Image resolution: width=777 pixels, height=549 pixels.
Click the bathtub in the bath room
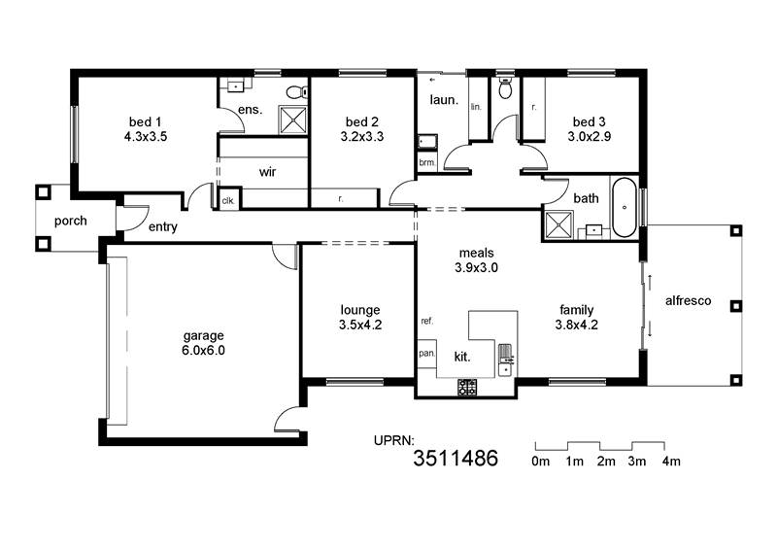click(x=624, y=207)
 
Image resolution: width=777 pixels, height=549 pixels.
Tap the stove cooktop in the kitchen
click(x=467, y=387)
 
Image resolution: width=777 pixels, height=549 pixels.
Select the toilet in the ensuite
click(x=296, y=92)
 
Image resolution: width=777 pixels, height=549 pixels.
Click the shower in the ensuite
click(x=293, y=120)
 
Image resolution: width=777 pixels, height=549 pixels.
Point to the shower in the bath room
click(x=558, y=225)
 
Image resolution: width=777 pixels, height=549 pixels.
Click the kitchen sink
click(x=506, y=360)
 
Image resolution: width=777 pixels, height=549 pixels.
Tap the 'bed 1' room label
click(x=145, y=121)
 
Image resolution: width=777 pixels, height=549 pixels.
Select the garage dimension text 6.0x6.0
click(x=203, y=350)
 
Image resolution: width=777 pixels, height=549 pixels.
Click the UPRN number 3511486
click(x=456, y=459)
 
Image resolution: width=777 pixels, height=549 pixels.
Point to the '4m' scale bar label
click(x=671, y=462)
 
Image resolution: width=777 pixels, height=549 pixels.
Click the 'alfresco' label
click(x=688, y=300)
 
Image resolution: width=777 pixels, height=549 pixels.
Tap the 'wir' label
click(x=267, y=172)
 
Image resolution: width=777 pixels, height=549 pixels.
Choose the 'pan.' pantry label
click(x=426, y=354)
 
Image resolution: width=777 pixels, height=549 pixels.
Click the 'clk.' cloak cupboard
click(x=228, y=201)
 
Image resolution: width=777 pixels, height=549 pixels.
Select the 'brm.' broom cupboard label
click(x=427, y=162)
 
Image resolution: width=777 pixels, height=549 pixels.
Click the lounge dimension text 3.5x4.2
click(x=360, y=325)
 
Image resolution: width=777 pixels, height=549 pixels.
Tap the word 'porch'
click(x=70, y=222)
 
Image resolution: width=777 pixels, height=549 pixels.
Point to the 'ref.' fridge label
click(x=427, y=321)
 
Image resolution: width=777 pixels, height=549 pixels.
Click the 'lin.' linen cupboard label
click(x=476, y=107)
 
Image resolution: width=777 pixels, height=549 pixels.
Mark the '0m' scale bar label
click(x=541, y=462)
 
